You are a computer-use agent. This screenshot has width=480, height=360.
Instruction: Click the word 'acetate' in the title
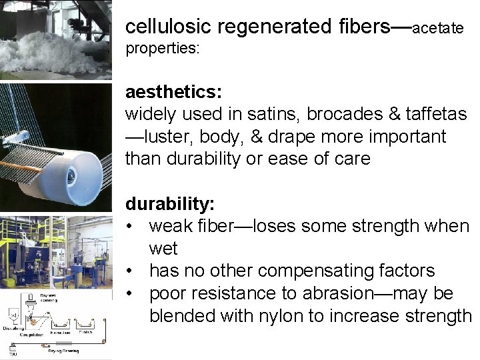point(438,29)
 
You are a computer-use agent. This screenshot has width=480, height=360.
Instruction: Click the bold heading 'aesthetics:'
point(174,91)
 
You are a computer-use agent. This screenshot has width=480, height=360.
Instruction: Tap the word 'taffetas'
point(436,114)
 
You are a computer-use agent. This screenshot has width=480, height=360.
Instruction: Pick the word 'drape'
point(314,137)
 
